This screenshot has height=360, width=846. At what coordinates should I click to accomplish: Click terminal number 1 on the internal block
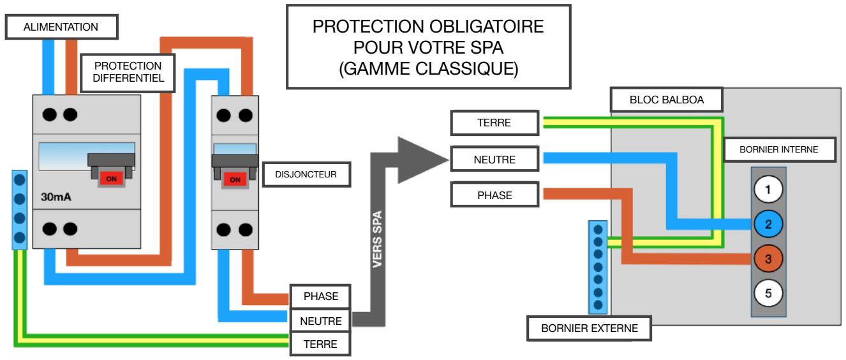pos(768,190)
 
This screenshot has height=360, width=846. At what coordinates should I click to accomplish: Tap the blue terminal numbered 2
pos(768,224)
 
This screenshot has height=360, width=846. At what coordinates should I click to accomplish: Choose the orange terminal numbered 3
pos(768,259)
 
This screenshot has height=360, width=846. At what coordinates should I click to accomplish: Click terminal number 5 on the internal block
pos(768,294)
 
